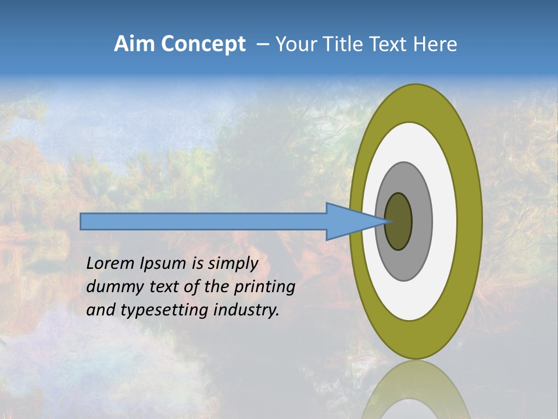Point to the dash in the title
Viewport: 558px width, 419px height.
pos(262,45)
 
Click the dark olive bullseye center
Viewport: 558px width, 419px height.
pos(399,222)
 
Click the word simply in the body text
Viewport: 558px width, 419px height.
pos(233,264)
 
